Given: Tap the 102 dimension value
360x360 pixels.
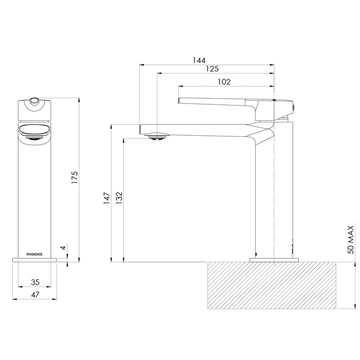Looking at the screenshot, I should tap(224, 81).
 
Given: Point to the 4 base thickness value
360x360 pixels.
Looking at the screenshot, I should tap(63, 247).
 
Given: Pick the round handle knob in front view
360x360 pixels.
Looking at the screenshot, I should tap(34, 101).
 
